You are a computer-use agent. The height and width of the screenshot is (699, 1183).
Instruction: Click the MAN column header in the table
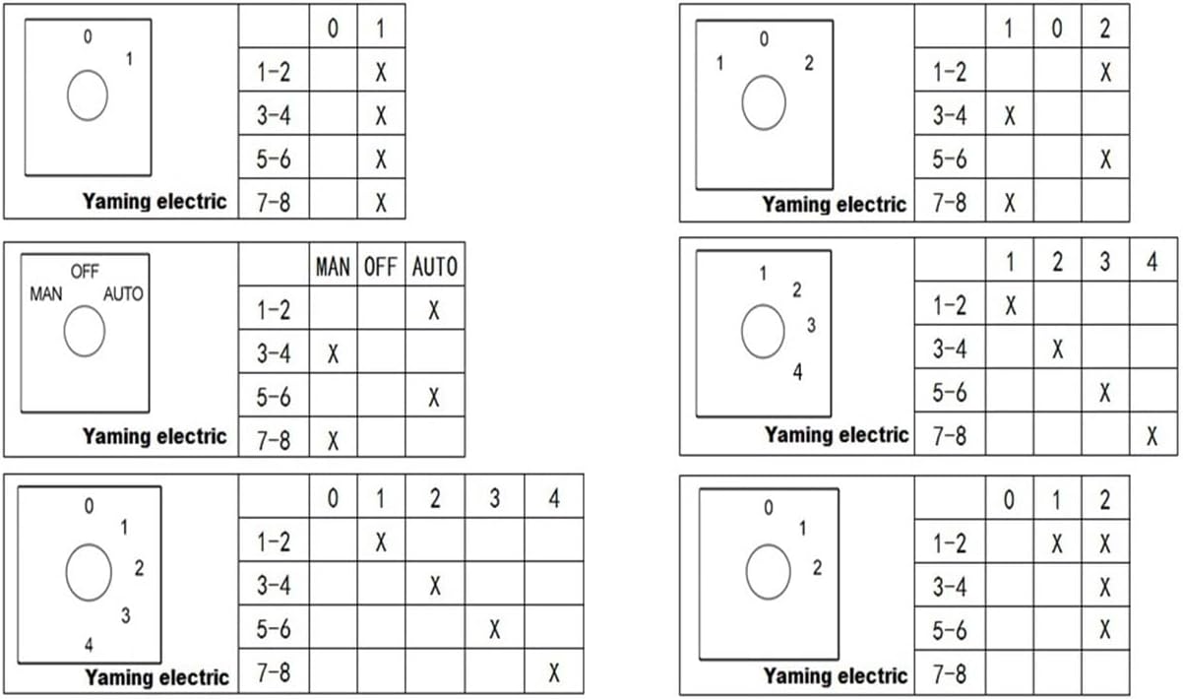click(333, 267)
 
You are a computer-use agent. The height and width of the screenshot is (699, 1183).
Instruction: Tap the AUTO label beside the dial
click(123, 293)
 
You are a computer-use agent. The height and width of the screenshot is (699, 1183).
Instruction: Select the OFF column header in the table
click(380, 267)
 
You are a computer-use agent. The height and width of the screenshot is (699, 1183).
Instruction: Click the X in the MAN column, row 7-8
click(333, 440)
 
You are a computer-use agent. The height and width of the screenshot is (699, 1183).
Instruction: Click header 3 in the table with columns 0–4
click(494, 499)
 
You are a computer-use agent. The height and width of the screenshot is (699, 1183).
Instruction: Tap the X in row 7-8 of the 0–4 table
click(554, 672)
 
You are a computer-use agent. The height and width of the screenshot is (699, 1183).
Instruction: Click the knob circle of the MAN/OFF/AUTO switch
click(85, 332)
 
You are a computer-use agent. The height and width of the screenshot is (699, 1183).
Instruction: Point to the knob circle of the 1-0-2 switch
click(764, 104)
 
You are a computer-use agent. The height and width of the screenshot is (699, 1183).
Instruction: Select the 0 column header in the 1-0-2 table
click(1056, 29)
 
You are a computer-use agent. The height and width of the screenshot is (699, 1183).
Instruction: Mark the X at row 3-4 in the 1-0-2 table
click(1009, 116)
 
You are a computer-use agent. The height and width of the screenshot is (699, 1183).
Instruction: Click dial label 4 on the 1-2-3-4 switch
click(797, 373)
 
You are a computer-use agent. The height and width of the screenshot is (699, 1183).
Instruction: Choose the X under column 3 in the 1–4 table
click(1105, 393)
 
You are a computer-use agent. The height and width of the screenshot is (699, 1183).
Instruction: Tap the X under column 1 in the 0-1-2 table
click(1057, 543)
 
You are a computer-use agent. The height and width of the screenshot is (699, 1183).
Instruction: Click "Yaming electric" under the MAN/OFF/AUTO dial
click(155, 436)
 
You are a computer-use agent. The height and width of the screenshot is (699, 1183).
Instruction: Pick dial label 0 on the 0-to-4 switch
click(89, 506)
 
